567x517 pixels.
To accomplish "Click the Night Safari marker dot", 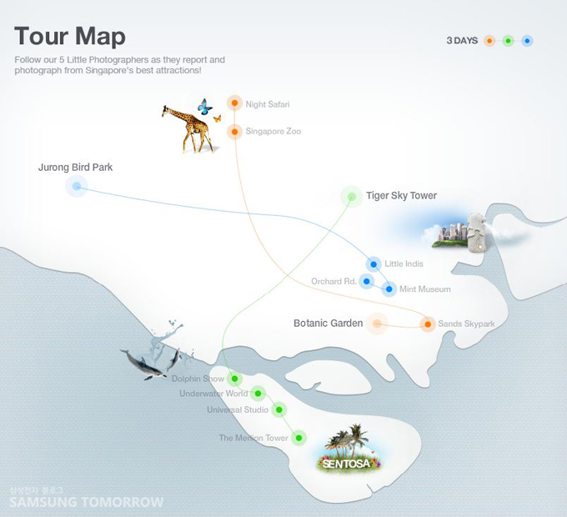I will pos(235,103).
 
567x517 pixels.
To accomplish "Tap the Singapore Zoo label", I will pos(273,132).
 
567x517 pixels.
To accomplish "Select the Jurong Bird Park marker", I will pos(77,187).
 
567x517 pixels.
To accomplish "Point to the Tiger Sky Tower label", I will pos(401,196).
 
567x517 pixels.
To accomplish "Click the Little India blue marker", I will pos(374,264).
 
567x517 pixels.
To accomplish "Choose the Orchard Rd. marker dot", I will pos(365,281).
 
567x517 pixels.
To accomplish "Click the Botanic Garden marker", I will pos(377,324).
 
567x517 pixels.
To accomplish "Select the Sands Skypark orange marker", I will pos(428,324).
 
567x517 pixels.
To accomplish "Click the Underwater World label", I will pos(213,394).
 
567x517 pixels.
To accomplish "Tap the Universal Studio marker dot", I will pos(279,409).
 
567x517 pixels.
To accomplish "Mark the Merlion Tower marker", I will pos(299,437).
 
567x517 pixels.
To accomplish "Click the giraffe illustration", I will pos(189,128).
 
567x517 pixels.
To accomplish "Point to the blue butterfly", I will pos(204,106).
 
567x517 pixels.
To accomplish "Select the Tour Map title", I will pos(70,36).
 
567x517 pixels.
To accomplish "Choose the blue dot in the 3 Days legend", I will pos(527,40).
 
